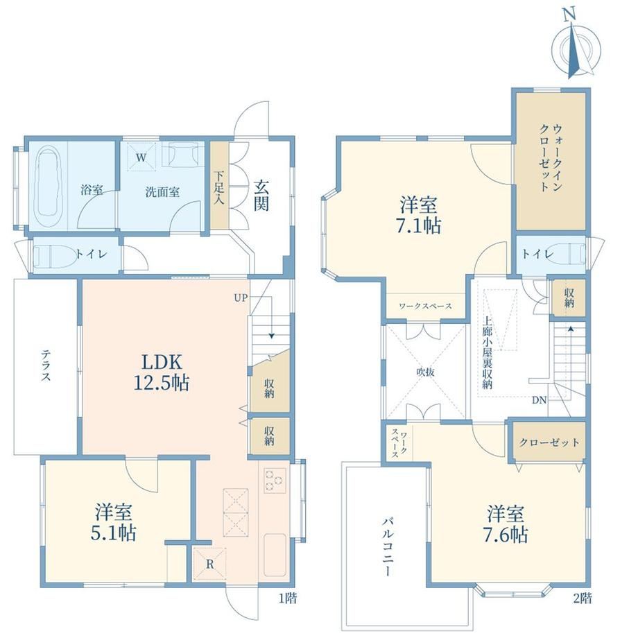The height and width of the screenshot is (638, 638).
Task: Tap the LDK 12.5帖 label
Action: click(162, 372)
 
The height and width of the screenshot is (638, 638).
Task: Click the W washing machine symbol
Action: click(141, 157)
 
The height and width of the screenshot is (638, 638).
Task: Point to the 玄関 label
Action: click(261, 195)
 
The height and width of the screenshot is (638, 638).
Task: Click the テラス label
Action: click(46, 366)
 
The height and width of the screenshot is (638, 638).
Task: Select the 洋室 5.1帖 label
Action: click(114, 522)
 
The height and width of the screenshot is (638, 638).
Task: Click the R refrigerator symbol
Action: click(209, 564)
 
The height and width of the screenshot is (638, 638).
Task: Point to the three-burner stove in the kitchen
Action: click(275, 480)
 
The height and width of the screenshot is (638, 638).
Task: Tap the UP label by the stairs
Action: click(241, 298)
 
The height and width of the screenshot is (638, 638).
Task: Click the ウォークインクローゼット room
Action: click(551, 161)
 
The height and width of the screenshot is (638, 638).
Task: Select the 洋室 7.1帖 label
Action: click(419, 214)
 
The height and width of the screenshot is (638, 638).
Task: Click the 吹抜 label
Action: click(425, 372)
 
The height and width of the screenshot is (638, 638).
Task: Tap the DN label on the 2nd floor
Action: click(539, 400)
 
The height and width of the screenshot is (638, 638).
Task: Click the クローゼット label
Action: click(549, 442)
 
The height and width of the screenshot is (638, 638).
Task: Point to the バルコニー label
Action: click(388, 546)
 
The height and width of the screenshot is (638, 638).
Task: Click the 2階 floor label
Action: click(583, 598)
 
